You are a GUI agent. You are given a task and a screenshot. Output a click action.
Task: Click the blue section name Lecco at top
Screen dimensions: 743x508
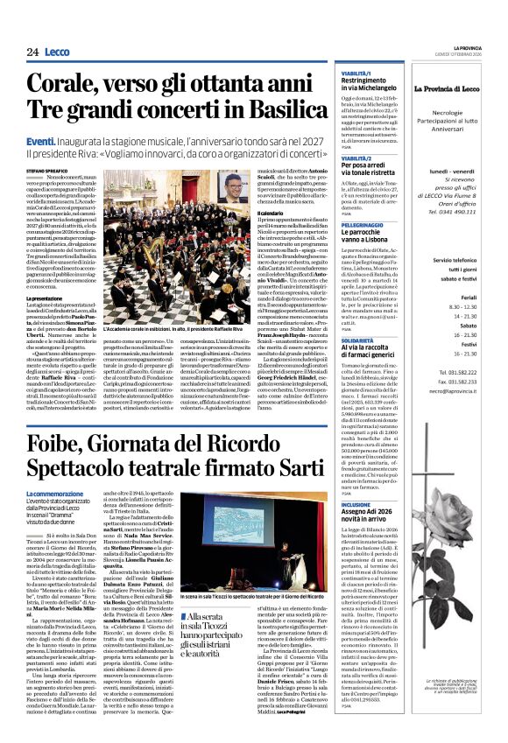tap(60, 53)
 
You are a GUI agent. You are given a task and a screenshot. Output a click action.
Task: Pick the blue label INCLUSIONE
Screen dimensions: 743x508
tap(357, 504)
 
